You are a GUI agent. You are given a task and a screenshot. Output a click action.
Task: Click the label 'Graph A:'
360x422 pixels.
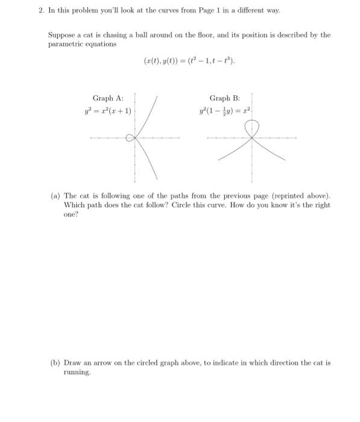[x=107, y=98]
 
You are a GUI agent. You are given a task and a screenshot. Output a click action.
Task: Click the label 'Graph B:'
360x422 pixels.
[x=224, y=98]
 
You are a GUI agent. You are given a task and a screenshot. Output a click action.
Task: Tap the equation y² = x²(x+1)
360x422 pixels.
[x=109, y=111]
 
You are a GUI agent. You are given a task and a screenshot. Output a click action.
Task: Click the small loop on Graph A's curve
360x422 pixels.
[x=130, y=138]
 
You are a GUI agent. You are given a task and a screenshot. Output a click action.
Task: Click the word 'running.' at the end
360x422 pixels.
[x=77, y=372]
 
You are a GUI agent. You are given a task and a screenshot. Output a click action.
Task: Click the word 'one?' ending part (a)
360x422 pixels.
[x=71, y=214]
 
